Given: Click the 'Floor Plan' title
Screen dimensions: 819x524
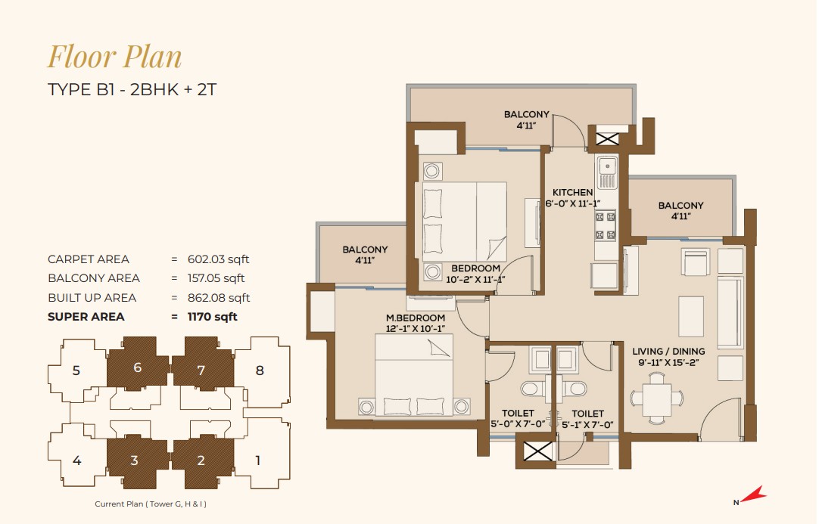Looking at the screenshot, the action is [x=115, y=57].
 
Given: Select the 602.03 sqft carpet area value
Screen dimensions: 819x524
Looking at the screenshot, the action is [x=218, y=259].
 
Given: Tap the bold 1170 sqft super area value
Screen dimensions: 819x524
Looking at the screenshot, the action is [x=212, y=317].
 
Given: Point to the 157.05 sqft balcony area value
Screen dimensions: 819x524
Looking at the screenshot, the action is [x=216, y=278].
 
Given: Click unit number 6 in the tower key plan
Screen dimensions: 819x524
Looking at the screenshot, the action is [x=137, y=367].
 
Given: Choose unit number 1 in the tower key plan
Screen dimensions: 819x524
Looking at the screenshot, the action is [x=257, y=460].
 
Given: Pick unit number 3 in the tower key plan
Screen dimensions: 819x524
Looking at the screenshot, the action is [x=134, y=460].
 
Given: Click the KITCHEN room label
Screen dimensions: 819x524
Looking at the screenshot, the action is [x=572, y=193].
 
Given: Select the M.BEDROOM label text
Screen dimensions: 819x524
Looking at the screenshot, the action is [x=416, y=318].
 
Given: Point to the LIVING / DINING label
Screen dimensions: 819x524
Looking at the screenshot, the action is [x=668, y=352].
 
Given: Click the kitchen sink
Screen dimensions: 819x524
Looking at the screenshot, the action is [x=606, y=172].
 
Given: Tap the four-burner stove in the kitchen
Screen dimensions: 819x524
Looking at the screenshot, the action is [x=605, y=225].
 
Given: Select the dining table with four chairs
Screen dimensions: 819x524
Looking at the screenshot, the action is [x=656, y=399].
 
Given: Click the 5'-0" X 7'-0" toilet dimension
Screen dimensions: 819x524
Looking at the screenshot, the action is [x=518, y=425].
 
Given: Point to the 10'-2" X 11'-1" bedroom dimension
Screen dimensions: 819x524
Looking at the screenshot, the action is [x=475, y=280].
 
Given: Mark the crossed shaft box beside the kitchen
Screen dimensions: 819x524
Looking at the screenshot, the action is [x=608, y=139].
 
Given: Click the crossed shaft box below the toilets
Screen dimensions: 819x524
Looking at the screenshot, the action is [x=537, y=451].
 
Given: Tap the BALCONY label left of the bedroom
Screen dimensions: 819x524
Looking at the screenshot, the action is [x=365, y=250].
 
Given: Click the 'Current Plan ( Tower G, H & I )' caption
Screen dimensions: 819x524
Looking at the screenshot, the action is [x=151, y=504].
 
